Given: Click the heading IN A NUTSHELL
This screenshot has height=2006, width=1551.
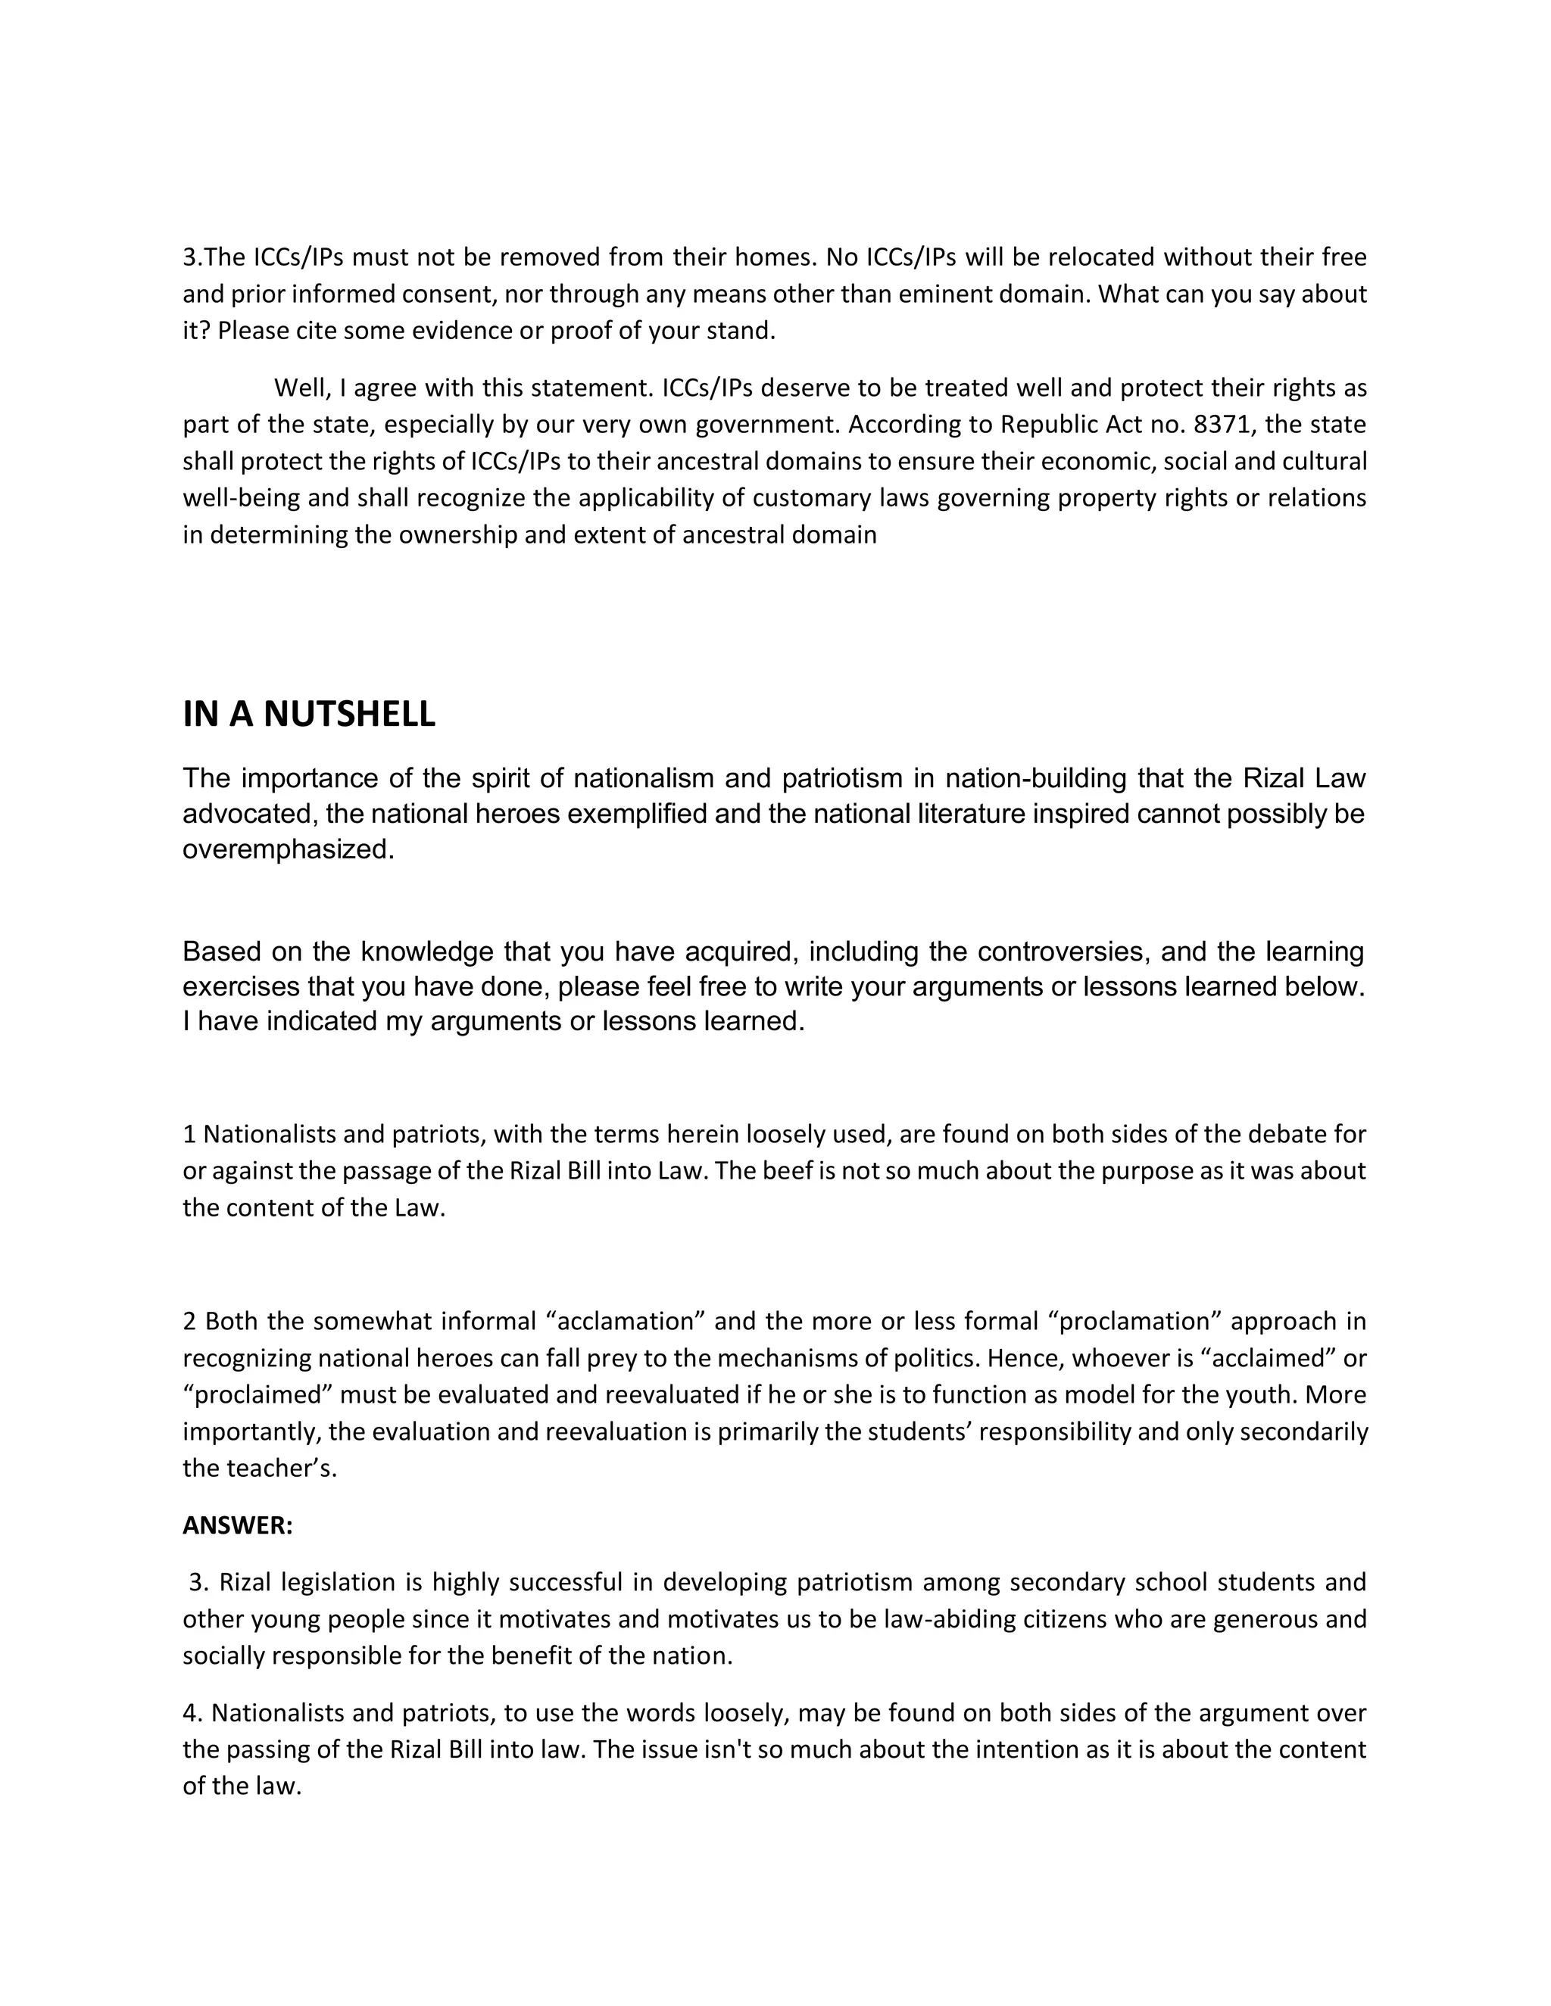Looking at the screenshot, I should click(309, 715).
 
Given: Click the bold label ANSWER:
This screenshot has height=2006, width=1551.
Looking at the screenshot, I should click(237, 1525).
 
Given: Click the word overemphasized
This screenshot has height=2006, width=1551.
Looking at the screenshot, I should click(289, 849).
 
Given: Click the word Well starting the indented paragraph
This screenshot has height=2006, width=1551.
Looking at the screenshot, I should click(301, 388).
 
